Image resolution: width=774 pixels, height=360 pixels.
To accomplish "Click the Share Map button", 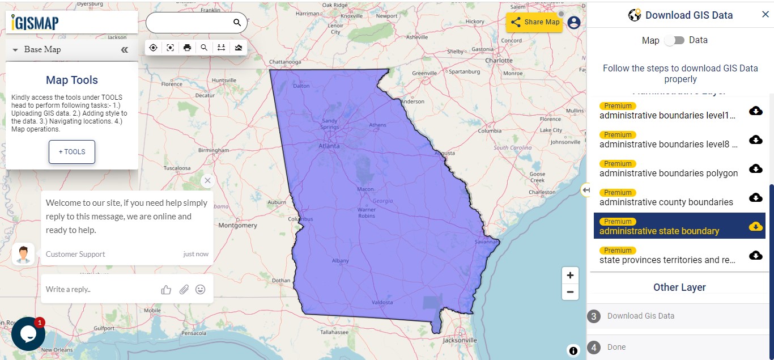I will point(534,22).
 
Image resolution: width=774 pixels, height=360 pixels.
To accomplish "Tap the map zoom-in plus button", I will point(570,276).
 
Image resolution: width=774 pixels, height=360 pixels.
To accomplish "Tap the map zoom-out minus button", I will point(570,293).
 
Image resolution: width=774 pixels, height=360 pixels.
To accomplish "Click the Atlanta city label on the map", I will point(329,146).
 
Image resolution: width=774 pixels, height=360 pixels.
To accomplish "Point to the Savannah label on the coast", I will point(486,242).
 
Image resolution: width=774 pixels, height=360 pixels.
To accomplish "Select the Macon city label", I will point(365,189).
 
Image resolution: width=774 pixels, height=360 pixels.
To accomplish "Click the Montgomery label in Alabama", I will point(238,225).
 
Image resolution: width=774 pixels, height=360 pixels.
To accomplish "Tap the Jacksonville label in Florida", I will point(460,340).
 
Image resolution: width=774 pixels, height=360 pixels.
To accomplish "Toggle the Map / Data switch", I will point(674,40).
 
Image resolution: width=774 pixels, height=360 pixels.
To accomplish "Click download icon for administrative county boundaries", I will point(755,197).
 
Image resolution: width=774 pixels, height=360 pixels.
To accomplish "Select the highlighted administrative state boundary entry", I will point(660,231).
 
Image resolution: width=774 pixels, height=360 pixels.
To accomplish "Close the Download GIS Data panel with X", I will point(765,15).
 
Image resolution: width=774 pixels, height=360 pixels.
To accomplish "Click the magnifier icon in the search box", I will point(237,23).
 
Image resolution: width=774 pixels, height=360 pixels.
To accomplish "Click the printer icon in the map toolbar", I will point(187,48).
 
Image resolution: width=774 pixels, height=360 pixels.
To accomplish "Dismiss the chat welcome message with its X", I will point(207,180).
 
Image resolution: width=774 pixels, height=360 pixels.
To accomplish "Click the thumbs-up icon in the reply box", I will point(166,290).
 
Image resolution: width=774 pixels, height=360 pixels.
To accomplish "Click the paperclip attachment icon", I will point(184,290).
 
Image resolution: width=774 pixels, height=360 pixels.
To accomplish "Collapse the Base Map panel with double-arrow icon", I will point(125,50).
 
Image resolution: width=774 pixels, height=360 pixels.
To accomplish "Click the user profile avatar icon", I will point(574,22).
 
